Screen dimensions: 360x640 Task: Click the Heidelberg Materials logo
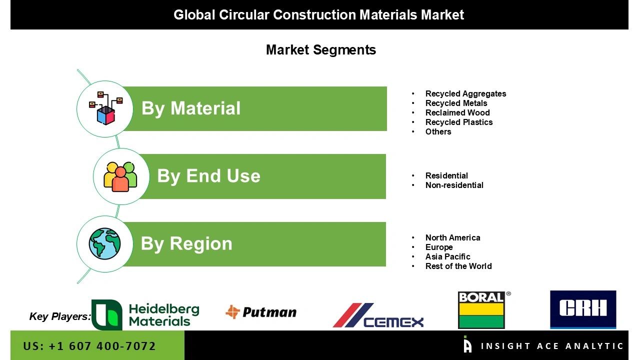(x=145, y=315)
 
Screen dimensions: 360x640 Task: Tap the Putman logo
(x=261, y=312)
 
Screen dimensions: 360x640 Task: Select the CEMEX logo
(x=378, y=316)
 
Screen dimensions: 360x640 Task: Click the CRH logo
(x=583, y=309)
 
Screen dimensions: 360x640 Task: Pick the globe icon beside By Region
(x=105, y=244)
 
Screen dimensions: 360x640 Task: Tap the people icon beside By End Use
(x=120, y=176)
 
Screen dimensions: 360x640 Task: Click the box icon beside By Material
(x=105, y=108)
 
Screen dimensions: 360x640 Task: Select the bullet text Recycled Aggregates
(x=465, y=94)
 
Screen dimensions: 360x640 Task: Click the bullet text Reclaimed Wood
(x=457, y=113)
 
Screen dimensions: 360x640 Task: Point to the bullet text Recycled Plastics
(x=459, y=122)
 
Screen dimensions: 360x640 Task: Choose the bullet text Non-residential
(x=454, y=185)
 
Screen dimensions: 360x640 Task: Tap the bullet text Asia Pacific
(x=447, y=257)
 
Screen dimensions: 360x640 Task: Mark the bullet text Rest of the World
(x=458, y=266)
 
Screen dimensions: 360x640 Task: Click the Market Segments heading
(x=320, y=50)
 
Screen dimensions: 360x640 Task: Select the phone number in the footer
(x=89, y=346)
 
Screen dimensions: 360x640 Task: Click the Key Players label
(x=60, y=316)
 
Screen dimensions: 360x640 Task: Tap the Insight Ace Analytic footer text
(x=552, y=346)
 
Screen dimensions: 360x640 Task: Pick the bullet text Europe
(x=439, y=247)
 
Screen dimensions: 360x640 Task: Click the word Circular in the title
(x=244, y=15)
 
